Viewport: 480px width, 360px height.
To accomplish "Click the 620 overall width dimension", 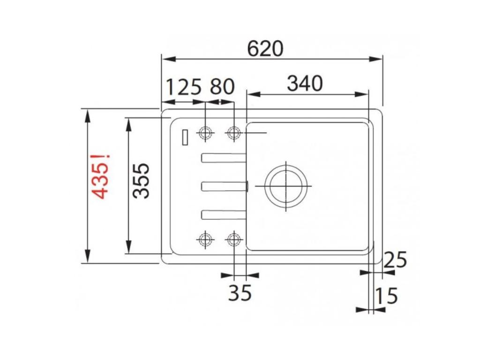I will click(265, 48).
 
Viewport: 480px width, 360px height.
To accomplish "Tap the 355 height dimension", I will click(141, 181).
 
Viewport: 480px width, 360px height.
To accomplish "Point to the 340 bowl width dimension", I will click(305, 84).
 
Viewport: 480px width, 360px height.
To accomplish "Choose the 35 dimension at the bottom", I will click(240, 293).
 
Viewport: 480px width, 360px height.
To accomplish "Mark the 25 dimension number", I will click(395, 260).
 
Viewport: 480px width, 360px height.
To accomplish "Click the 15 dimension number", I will click(386, 296).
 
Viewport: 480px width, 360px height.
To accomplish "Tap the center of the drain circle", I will click(286, 186).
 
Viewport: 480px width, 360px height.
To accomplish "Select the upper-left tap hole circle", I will click(205, 133).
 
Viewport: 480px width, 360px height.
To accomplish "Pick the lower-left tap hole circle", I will click(205, 240).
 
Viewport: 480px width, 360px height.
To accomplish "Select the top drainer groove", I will click(224, 158).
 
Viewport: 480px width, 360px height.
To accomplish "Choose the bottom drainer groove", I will click(224, 214).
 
